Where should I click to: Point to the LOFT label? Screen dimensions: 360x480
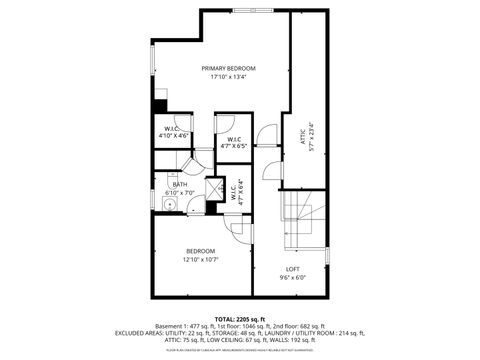[293, 269]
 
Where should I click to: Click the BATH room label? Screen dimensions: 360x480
[179, 184]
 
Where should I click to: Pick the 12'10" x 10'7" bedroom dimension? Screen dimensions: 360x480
[200, 260]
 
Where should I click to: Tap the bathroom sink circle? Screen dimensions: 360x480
[170, 204]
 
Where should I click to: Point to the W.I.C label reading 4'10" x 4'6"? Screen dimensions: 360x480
[172, 130]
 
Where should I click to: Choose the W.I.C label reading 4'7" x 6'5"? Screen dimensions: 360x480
[233, 143]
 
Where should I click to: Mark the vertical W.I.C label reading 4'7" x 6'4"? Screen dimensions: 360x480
[236, 191]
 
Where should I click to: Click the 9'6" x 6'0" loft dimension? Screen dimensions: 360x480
[293, 278]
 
